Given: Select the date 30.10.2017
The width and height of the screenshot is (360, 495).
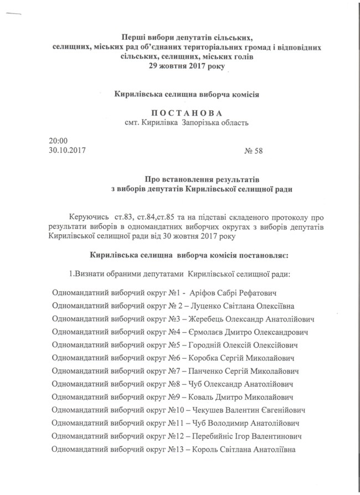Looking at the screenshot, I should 67,150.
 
